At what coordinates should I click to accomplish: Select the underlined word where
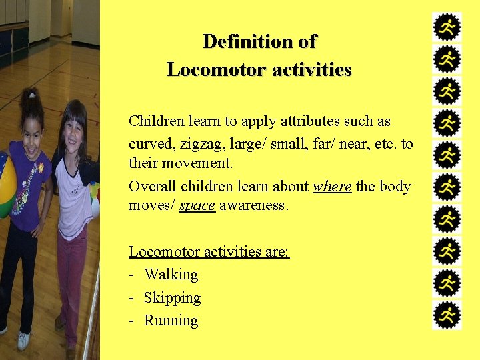pyautogui.click(x=332, y=187)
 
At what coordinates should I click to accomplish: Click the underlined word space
pyautogui.click(x=197, y=205)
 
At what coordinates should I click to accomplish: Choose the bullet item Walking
pyautogui.click(x=171, y=275)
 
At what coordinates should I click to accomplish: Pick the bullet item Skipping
pyautogui.click(x=172, y=297)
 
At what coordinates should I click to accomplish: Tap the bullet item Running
pyautogui.click(x=171, y=321)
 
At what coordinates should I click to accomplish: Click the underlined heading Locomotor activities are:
pyautogui.click(x=209, y=252)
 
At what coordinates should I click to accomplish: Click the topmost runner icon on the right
pyautogui.click(x=447, y=28)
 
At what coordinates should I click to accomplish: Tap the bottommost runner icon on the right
pyautogui.click(x=447, y=315)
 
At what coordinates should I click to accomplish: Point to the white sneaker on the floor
pyautogui.click(x=23, y=340)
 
